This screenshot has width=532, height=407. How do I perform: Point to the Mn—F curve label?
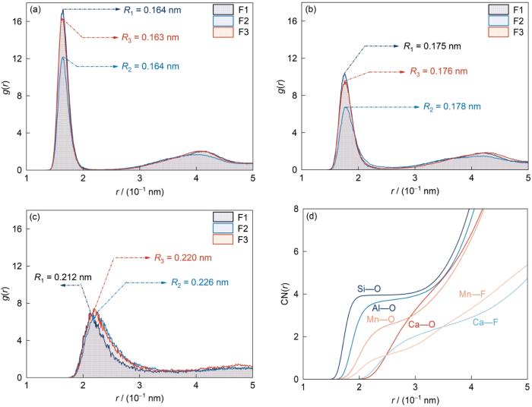[x=474, y=294]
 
